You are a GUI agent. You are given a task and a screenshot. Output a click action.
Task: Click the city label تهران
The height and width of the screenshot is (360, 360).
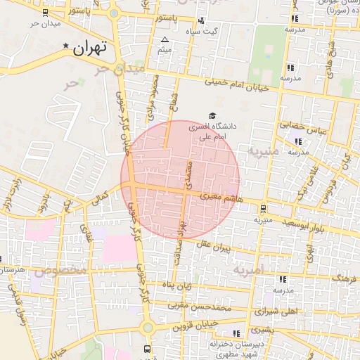[89, 48]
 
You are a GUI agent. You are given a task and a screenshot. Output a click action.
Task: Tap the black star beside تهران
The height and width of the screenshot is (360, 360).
[66, 46]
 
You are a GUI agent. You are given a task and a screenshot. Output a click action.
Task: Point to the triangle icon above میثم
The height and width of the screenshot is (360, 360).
[165, 39]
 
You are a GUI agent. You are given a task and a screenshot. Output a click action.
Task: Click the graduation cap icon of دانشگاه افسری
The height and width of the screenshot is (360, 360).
[212, 115]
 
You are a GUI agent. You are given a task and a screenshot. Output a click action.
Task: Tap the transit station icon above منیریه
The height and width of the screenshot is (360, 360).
[263, 208]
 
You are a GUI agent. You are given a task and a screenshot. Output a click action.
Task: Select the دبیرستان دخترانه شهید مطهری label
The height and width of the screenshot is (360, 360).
[236, 350]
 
